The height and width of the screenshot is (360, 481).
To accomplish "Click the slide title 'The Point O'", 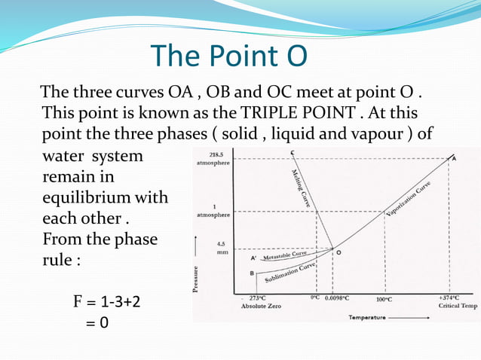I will tap(229, 56).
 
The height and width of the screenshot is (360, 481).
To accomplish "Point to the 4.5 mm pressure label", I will tap(220, 248).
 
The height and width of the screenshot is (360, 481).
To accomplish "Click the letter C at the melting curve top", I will tap(292, 153).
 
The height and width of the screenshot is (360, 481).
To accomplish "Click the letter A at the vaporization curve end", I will tap(453, 159).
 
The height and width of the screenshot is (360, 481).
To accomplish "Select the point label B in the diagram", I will tap(252, 274).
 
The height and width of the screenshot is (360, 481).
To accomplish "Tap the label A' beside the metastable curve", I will tap(253, 257).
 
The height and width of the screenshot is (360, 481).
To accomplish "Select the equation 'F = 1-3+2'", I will tap(106, 303).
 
